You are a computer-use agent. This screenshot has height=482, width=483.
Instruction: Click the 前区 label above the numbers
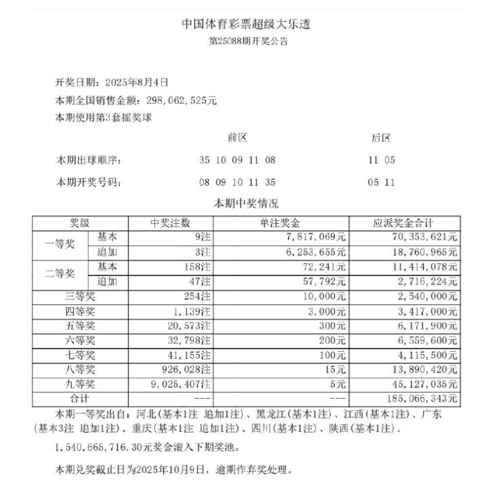(237, 138)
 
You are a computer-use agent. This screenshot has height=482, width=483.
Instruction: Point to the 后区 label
(381, 138)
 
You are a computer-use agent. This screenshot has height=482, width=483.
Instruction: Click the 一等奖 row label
(59, 244)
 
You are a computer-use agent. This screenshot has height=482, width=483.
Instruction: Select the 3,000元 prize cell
(327, 311)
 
